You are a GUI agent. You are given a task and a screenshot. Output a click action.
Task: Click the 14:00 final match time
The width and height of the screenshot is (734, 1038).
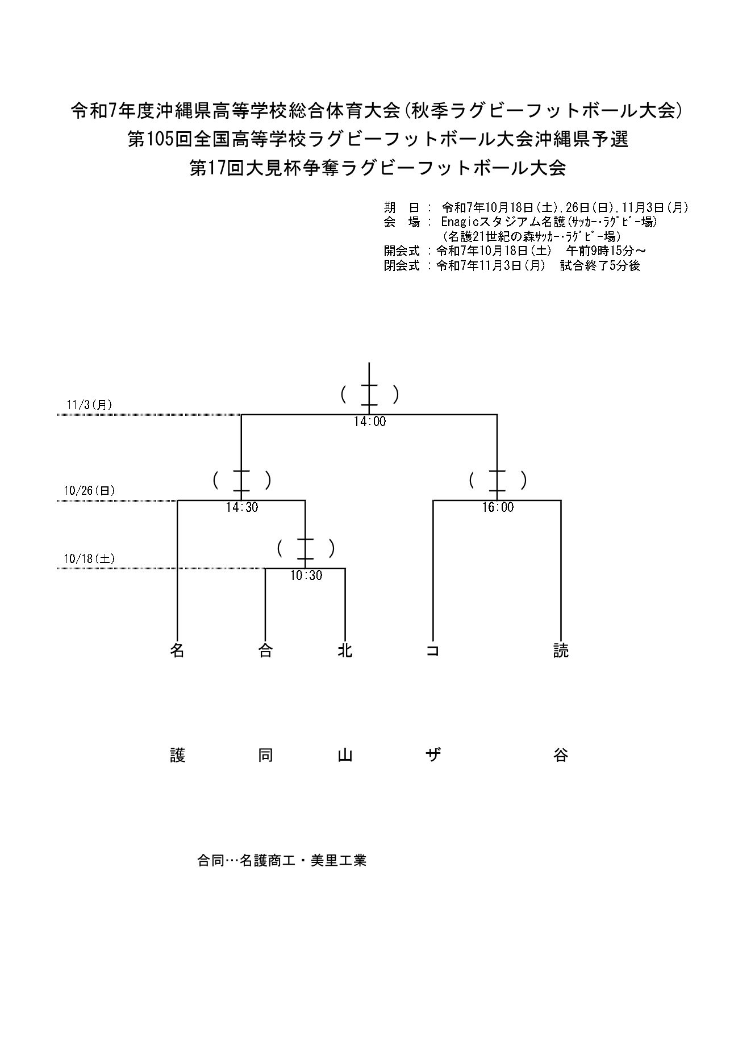(x=369, y=422)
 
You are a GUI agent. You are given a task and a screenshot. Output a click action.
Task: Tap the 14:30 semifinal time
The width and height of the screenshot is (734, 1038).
(x=242, y=507)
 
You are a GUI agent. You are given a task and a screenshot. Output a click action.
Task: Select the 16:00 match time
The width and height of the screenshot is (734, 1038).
(x=498, y=507)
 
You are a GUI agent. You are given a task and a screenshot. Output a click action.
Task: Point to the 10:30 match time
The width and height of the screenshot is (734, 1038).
(x=306, y=576)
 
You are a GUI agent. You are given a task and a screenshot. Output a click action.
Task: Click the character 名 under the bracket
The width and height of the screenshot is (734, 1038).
(x=178, y=651)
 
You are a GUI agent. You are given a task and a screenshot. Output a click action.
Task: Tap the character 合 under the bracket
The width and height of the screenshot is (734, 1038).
(x=265, y=651)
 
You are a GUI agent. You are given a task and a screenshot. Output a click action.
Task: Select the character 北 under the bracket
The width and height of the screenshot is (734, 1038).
(x=345, y=651)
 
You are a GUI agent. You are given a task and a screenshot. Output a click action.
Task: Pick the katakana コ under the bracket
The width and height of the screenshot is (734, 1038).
(x=433, y=651)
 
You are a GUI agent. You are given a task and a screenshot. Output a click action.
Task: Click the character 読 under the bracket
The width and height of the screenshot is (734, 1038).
(x=561, y=651)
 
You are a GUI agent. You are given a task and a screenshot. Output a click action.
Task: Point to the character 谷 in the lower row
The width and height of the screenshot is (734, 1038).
(x=561, y=755)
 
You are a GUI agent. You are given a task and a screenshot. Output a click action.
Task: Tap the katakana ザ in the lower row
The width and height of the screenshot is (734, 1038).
(x=433, y=755)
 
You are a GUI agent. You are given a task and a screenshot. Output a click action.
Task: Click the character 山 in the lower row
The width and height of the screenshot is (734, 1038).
(x=345, y=755)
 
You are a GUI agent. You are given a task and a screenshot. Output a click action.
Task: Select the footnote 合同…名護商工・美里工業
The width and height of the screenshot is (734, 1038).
(x=281, y=860)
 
